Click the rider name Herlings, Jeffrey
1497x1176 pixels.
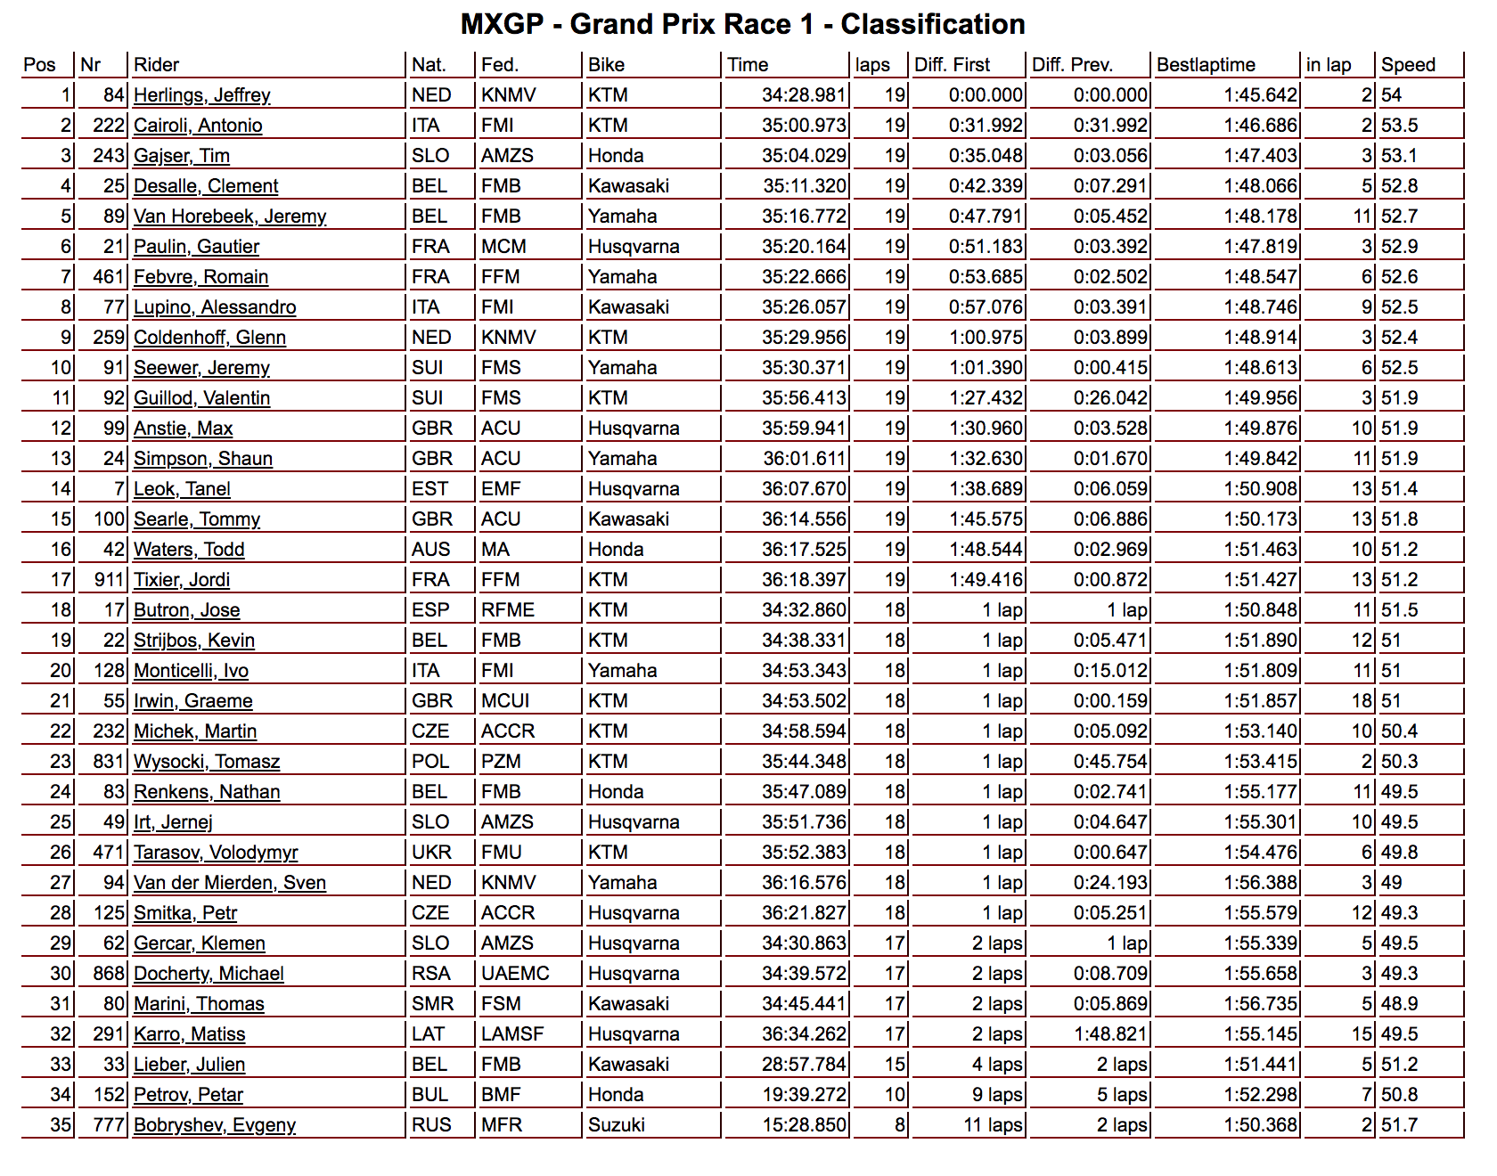pos(201,95)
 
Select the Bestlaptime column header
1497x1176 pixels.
pos(1206,65)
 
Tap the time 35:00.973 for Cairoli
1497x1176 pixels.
pos(803,126)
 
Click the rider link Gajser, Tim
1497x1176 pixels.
pos(182,156)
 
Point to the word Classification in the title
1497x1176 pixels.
pos(932,24)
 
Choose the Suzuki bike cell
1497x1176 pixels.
pos(617,1125)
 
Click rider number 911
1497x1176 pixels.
pos(109,580)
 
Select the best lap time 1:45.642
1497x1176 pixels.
pos(1260,95)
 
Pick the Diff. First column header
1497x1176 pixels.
pos(952,65)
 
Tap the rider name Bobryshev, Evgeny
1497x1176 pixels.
pos(215,1125)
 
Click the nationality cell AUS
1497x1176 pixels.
pos(431,550)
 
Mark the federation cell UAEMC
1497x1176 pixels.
pos(515,974)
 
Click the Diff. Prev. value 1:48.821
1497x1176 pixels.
pos(1110,1034)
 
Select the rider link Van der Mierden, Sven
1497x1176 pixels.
pos(230,883)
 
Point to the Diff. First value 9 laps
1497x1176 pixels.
pos(997,1095)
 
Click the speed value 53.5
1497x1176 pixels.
pos(1400,126)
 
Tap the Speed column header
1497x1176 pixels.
pos(1408,65)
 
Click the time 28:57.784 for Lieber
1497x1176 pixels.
pos(803,1065)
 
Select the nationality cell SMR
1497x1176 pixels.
pos(432,1004)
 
